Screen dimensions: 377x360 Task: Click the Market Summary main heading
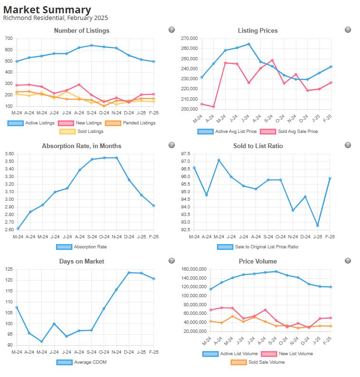coord(47,9)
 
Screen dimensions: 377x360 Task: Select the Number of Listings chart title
coord(81,30)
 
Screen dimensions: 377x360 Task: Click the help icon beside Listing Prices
coord(348,30)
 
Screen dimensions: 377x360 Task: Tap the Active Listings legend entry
coord(31,123)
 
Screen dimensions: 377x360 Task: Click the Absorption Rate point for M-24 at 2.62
coord(18,228)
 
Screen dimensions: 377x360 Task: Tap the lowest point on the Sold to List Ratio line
coord(318,226)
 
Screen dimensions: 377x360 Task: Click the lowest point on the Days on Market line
coord(42,341)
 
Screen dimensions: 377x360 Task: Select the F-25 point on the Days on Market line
coord(153,279)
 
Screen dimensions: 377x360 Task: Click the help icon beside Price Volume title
coord(348,261)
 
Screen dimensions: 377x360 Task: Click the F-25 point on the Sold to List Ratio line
coord(330,179)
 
